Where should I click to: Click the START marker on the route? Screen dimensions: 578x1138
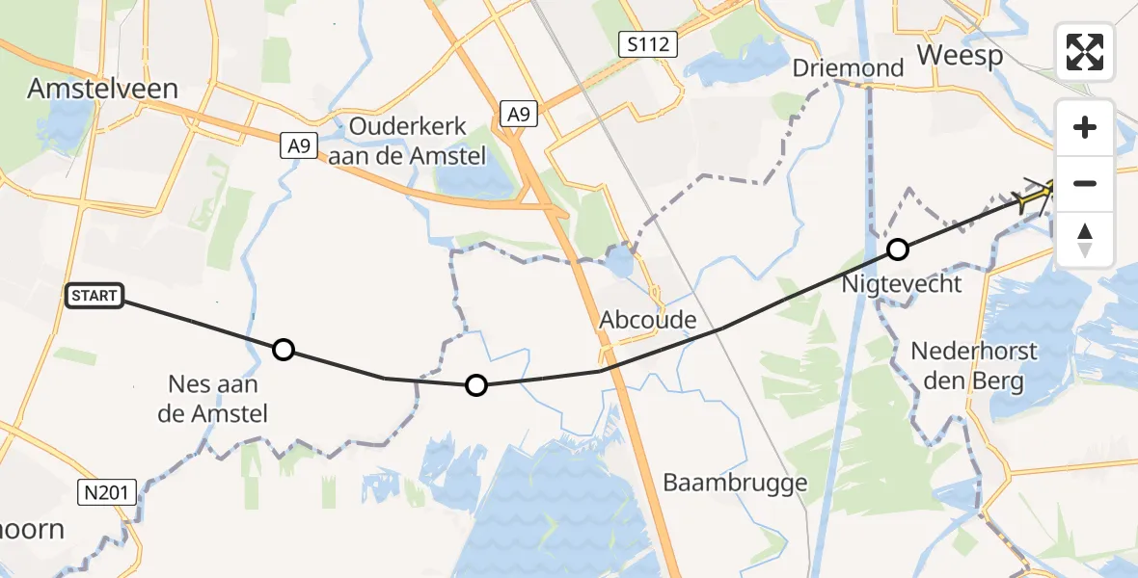click(95, 296)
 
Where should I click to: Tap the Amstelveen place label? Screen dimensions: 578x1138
click(102, 89)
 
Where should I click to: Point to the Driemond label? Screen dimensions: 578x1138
click(848, 68)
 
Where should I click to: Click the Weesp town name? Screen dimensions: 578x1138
click(960, 55)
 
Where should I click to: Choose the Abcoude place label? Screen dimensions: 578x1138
click(646, 319)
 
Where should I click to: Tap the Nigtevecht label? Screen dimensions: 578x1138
click(901, 283)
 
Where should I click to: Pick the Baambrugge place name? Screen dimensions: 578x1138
click(735, 482)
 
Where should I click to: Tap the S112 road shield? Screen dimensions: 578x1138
click(648, 43)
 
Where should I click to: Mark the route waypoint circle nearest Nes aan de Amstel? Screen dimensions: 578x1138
click(283, 350)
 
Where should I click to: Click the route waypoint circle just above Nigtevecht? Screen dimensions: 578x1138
click(898, 250)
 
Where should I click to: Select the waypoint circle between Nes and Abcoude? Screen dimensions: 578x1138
click(476, 385)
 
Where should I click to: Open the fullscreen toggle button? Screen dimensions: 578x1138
click(1085, 52)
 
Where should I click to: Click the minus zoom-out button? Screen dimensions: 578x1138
click(1085, 183)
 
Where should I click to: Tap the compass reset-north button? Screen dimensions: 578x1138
click(1085, 239)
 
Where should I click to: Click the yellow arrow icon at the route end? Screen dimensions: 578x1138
click(1034, 197)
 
